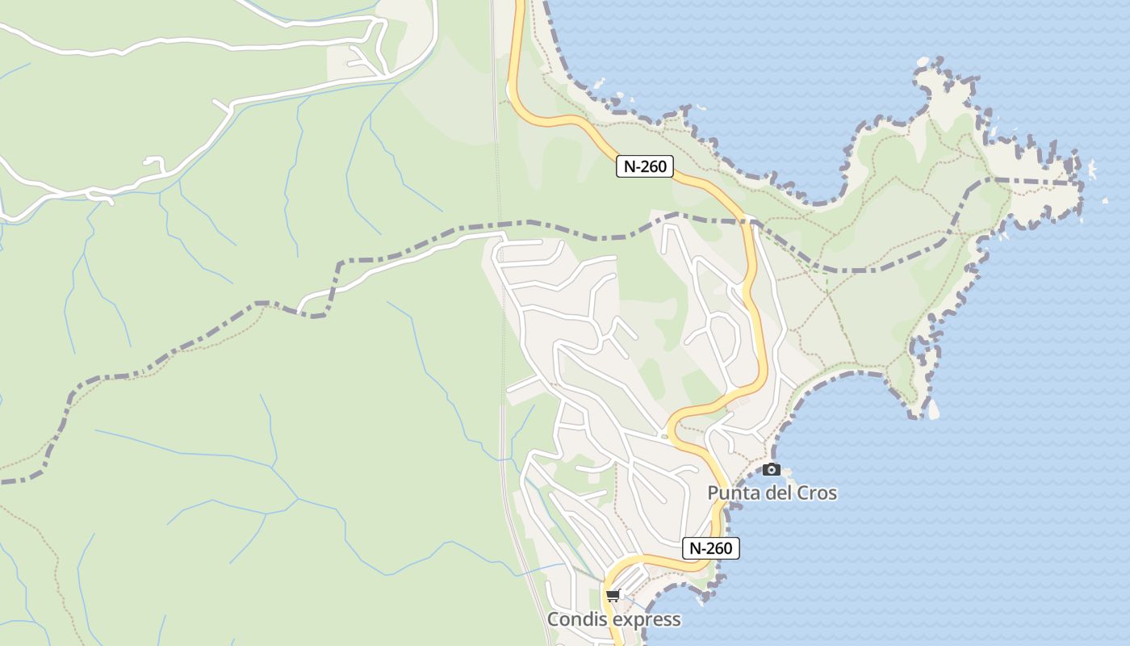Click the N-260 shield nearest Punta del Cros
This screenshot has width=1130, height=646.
(711, 548)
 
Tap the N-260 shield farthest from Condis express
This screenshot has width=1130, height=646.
(644, 166)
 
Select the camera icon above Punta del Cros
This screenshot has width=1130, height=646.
(772, 469)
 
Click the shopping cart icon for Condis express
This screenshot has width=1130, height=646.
(613, 596)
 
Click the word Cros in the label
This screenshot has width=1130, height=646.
(817, 493)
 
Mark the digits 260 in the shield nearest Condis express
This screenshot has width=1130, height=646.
(719, 548)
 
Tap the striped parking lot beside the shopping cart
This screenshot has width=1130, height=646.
(634, 580)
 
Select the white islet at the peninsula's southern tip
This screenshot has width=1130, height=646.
(933, 409)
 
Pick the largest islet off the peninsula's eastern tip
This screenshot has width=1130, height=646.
(1092, 170)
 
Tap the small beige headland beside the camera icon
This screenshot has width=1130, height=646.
(788, 472)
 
